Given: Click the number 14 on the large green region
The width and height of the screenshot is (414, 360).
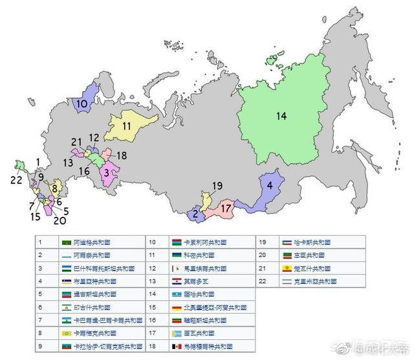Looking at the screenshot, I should pyautogui.click(x=281, y=117).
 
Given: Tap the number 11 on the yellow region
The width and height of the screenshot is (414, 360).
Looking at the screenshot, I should pyautogui.click(x=127, y=126).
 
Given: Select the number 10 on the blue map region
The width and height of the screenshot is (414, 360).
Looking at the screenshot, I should pyautogui.click(x=82, y=104).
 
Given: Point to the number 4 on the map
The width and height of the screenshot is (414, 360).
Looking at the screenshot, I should pyautogui.click(x=269, y=183).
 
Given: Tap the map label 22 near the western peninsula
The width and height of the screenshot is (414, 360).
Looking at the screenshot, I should pyautogui.click(x=16, y=179).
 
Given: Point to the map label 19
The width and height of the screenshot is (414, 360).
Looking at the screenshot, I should pyautogui.click(x=217, y=186).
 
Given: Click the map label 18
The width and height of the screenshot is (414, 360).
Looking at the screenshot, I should pyautogui.click(x=122, y=156).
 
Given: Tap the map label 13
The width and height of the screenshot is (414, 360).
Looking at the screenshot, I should pyautogui.click(x=68, y=162).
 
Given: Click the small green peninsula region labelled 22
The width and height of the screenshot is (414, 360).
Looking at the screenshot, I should pyautogui.click(x=20, y=165).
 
